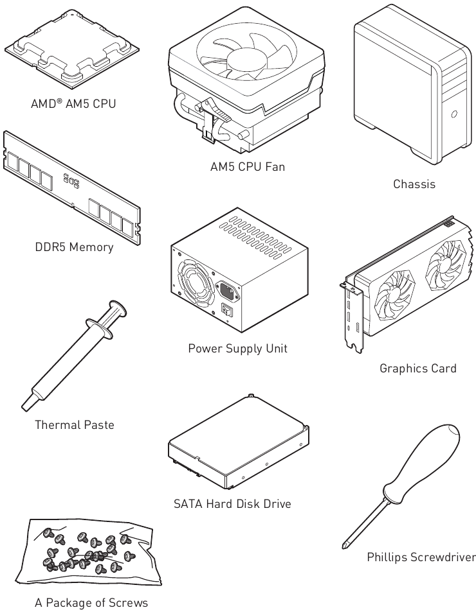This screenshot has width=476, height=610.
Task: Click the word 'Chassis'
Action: (414, 184)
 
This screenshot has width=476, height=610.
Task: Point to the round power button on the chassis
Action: (453, 114)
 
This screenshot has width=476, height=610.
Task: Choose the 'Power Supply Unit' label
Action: (237, 349)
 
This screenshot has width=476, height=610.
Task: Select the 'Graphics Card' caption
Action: (418, 369)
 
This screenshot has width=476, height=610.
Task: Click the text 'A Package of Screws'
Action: (91, 603)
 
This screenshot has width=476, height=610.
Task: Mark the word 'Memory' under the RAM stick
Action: (91, 247)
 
